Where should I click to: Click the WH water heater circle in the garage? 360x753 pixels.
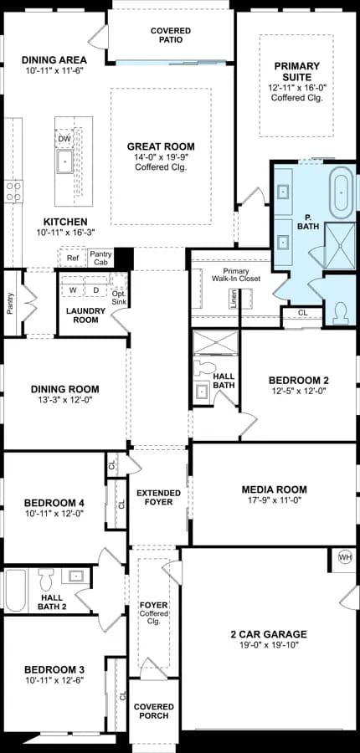pos(345,557)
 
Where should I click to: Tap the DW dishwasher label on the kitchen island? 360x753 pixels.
pos(64,139)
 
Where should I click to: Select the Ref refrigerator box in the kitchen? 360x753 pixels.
pos(73,259)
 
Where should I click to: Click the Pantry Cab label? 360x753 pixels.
pos(101,258)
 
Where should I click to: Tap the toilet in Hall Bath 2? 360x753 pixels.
pos(47,580)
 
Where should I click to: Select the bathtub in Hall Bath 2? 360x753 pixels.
pos(16,590)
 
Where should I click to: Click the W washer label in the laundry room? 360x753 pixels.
pos(73,290)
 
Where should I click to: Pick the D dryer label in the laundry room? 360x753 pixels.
pos(95,290)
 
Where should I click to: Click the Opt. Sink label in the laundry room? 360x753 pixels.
pos(119,298)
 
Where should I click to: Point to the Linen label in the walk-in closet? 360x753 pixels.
pos(234,299)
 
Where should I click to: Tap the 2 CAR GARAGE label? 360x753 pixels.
pos(268,634)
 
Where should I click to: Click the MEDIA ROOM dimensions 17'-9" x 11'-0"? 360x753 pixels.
pos(274,500)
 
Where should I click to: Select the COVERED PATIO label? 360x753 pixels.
pos(171,35)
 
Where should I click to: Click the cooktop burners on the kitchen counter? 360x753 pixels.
pos(13,191)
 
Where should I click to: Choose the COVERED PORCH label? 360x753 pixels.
pos(154,711)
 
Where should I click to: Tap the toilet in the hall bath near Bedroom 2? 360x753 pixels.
pos(203,367)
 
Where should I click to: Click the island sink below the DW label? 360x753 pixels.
pos(65,161)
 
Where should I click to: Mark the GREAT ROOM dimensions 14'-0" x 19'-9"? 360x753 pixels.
pos(161,157)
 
